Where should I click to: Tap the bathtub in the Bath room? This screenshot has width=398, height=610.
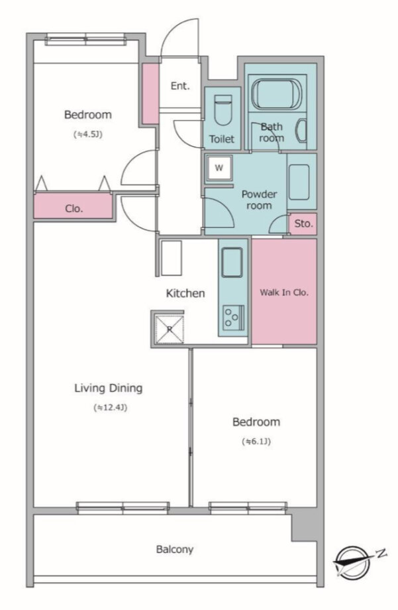coord(276,93)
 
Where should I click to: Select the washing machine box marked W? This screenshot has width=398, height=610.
coord(219,168)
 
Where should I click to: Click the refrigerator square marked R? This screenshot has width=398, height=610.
coord(170,329)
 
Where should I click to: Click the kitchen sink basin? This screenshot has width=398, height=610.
coord(232,262)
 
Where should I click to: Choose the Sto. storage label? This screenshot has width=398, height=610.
coord(303,223)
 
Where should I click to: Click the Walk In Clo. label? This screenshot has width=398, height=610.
coord(284,292)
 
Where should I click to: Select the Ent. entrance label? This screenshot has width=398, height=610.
coord(180,86)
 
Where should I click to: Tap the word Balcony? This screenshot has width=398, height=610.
coord(175,549)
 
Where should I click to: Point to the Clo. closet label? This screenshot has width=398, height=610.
coord(74,209)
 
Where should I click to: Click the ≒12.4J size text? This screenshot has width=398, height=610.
coord(111,408)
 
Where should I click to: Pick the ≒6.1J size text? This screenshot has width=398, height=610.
coord(256,442)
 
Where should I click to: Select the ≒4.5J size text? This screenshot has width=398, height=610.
coord(88,135)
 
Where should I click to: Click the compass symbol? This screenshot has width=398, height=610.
coord(354,562)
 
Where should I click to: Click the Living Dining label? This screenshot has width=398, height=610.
coord(109,389)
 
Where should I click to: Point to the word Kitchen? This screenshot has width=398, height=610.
coord(185,293)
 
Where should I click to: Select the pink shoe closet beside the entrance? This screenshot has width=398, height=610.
coord(150,93)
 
